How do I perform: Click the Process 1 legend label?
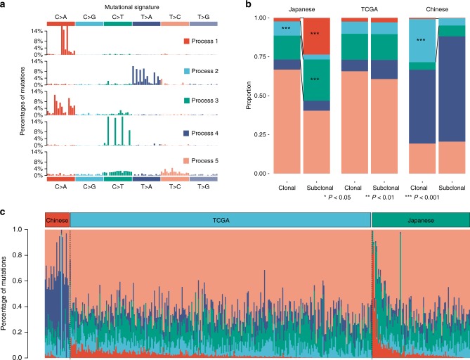208,42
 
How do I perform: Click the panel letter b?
243,6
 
